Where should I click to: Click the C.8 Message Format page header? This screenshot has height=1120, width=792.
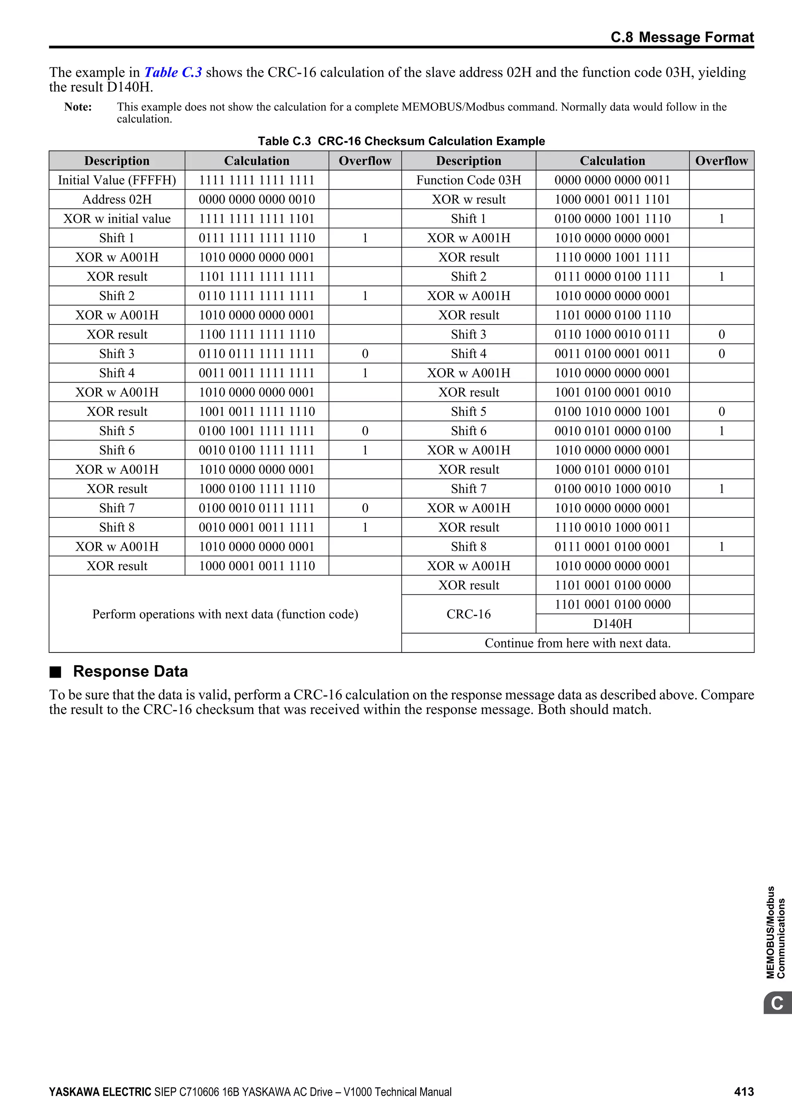coord(682,37)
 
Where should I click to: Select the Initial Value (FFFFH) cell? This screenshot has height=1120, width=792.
coord(117,180)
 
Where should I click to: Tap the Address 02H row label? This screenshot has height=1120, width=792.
coord(117,200)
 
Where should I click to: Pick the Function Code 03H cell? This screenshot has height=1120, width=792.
coord(468,180)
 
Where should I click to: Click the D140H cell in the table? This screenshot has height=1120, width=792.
coord(612,623)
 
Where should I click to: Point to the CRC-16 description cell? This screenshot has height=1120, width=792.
coord(468,614)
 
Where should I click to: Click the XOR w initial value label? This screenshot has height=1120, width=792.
coord(117,219)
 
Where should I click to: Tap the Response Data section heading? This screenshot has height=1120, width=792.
coord(130,671)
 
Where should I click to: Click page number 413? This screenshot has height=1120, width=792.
coord(744,1092)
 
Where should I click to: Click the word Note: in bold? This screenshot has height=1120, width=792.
coord(78,107)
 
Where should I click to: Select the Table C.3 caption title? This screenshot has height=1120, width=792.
coord(401,141)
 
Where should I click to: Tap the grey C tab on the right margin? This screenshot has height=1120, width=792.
coord(777,1004)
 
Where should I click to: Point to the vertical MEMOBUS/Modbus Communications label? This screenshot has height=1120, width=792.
coord(775,932)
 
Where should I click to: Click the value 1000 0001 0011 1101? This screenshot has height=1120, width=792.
coord(612,200)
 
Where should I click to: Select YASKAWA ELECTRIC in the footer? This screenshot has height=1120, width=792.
coord(100,1092)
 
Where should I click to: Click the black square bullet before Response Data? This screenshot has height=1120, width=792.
coord(56,672)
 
